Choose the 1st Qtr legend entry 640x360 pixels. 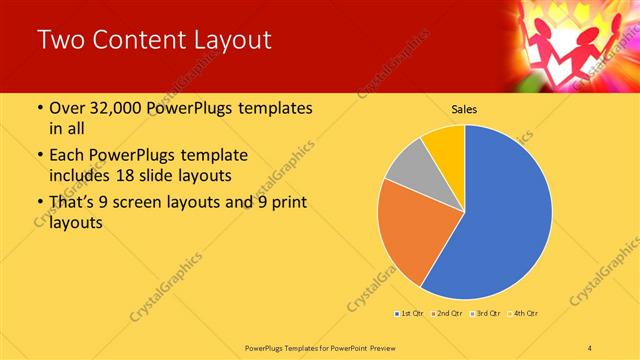[409, 315]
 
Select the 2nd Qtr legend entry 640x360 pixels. [445, 315]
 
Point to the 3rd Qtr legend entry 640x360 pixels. [483, 315]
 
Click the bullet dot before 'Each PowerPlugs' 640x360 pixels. [39, 156]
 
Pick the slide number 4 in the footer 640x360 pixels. [591, 347]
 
